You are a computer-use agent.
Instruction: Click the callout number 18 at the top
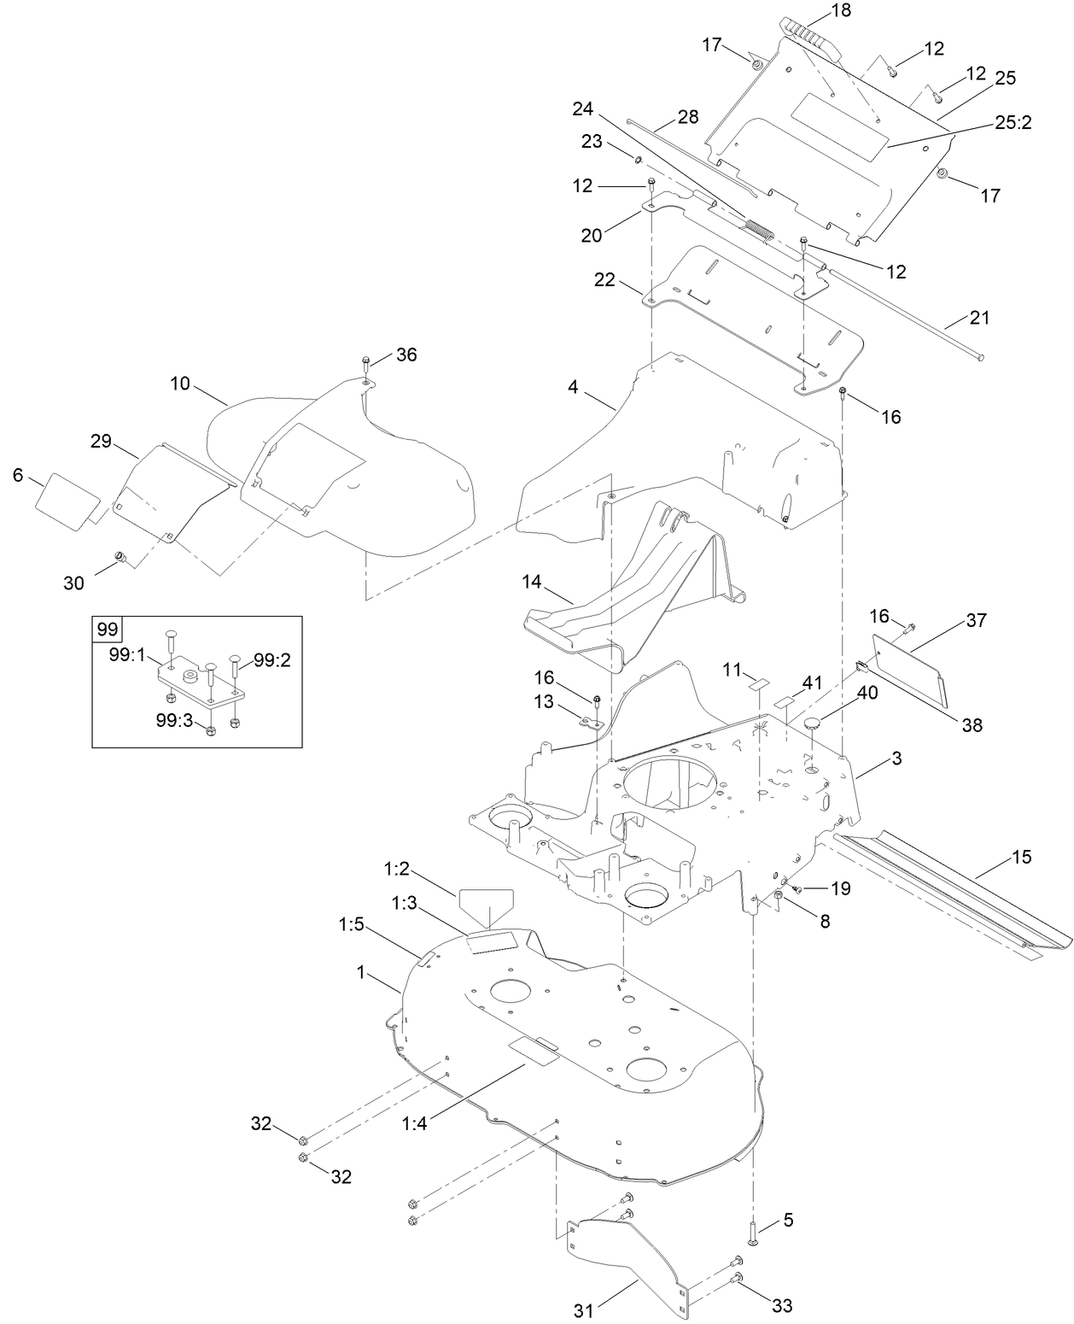click(817, 11)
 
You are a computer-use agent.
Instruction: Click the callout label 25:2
click(1013, 122)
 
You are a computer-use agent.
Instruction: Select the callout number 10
click(179, 384)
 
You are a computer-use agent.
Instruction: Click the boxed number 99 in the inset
click(107, 630)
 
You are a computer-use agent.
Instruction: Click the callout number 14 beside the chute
click(532, 582)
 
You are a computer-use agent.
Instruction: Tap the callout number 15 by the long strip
click(1021, 857)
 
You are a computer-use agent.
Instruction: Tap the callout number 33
click(782, 1305)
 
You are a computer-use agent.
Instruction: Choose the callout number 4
click(573, 387)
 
